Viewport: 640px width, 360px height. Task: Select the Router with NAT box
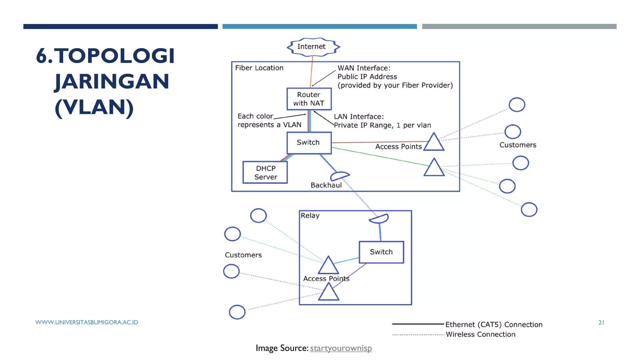pyautogui.click(x=309, y=99)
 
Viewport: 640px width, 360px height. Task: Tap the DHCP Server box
pyautogui.click(x=265, y=172)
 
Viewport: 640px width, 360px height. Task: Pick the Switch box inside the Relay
pyautogui.click(x=381, y=252)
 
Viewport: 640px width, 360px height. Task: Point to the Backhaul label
pyautogui.click(x=326, y=185)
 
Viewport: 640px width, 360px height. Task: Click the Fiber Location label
pyautogui.click(x=259, y=68)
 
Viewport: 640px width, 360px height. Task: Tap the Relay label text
pyautogui.click(x=310, y=216)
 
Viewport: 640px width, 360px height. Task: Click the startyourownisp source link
pyautogui.click(x=341, y=348)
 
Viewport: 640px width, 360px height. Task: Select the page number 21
pyautogui.click(x=601, y=322)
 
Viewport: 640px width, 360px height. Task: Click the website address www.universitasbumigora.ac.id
pyautogui.click(x=87, y=322)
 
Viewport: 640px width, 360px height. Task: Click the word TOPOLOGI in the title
pyautogui.click(x=115, y=56)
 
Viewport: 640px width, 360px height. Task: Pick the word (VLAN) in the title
pyautogui.click(x=94, y=107)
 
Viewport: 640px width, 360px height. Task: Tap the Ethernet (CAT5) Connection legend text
pyautogui.click(x=494, y=325)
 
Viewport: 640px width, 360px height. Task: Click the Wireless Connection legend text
pyautogui.click(x=480, y=334)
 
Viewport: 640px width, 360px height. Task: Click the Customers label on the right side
pyautogui.click(x=518, y=145)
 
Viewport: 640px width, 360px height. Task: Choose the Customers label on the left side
pyautogui.click(x=243, y=255)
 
